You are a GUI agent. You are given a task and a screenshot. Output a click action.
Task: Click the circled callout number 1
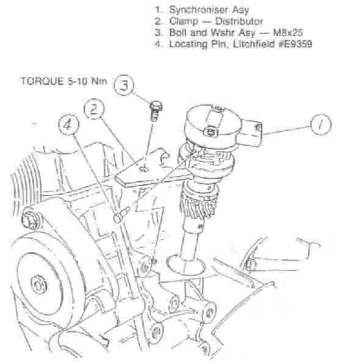coord(320,124)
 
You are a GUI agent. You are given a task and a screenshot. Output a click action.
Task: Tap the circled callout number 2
coord(94,110)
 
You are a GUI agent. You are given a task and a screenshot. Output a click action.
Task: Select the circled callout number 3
coord(124,85)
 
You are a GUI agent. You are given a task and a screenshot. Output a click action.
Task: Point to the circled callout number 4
coord(68,125)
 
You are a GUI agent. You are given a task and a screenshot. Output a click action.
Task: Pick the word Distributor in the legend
coord(239,21)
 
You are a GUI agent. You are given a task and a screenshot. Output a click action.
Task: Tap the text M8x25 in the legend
coord(288,32)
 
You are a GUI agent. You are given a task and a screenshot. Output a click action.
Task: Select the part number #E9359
coord(295,44)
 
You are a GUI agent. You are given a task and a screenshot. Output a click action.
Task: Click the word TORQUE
coord(42,81)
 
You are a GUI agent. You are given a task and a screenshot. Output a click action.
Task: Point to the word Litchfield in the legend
coord(254,44)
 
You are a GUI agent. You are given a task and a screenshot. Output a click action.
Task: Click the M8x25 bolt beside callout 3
coord(156,110)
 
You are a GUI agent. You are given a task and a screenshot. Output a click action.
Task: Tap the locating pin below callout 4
coord(121,215)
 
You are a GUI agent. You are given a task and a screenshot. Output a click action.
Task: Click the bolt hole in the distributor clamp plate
coord(144,168)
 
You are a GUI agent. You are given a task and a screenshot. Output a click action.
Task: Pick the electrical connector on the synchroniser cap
coord(251,132)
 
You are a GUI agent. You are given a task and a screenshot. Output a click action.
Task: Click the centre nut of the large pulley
coord(38,286)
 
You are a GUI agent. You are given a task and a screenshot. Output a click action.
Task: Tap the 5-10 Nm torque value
coord(87,81)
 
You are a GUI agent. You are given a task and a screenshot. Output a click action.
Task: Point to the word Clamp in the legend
coord(184,21)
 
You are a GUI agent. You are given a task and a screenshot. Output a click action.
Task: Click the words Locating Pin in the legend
coord(200,44)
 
